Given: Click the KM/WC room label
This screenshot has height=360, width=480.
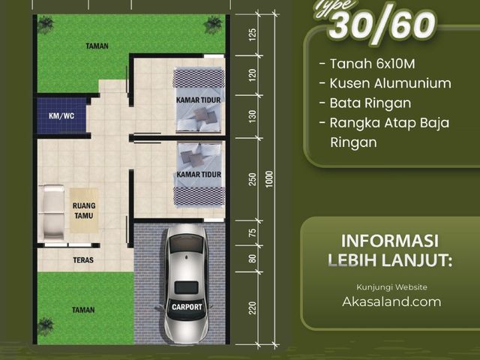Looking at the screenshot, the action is (61, 116).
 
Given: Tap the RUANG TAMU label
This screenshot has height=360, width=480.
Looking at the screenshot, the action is (84, 211).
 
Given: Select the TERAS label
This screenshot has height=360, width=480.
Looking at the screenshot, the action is (83, 260).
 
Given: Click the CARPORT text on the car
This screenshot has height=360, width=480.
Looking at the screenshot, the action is (187, 307).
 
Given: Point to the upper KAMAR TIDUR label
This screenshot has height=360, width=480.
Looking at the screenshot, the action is (198, 100).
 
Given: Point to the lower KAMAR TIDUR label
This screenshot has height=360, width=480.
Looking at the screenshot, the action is (199, 175).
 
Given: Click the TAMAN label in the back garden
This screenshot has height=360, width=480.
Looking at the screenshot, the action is (97, 46).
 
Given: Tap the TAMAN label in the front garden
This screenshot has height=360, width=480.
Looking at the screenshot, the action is (83, 310).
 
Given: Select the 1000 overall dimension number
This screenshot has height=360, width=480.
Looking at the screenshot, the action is (268, 179).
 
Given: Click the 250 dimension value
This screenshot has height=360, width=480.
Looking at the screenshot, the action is (252, 179).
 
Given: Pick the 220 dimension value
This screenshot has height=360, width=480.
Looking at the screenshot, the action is (252, 308).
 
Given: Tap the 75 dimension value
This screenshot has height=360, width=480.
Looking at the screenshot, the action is (252, 232).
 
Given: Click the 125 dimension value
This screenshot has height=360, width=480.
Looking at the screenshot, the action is (252, 35).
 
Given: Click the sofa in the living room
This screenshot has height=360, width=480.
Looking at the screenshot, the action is (53, 212).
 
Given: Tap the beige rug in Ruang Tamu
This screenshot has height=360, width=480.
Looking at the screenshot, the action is (84, 211).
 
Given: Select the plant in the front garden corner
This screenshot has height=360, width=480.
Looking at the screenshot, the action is (46, 326).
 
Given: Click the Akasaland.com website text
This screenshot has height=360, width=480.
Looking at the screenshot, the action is (391, 301).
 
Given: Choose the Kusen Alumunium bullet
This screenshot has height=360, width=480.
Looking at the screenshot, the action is (385, 83).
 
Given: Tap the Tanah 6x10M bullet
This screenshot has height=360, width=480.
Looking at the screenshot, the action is (367, 64).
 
